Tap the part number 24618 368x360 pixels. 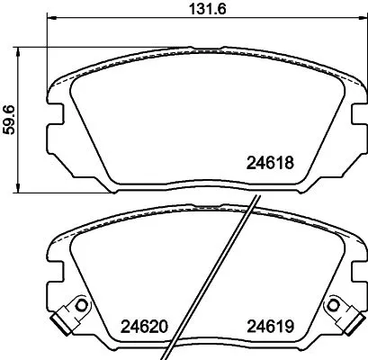coord(271,163)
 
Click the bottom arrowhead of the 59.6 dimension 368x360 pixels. coord(19,188)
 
